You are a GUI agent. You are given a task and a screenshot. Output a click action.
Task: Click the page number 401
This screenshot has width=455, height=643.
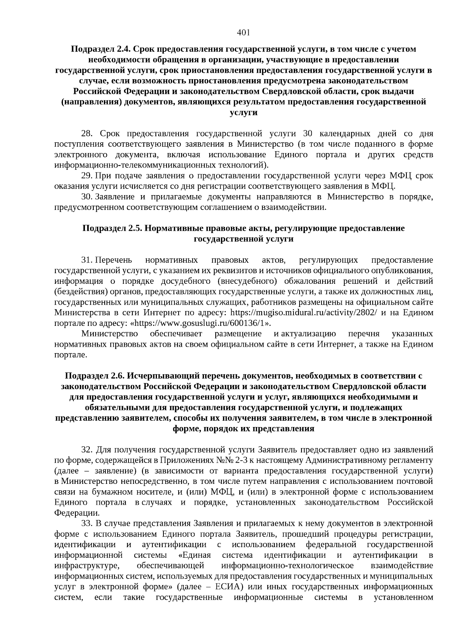pyautogui.click(x=243, y=33)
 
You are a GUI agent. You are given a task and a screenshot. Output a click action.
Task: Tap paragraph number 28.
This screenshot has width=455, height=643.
pyautogui.click(x=87, y=134)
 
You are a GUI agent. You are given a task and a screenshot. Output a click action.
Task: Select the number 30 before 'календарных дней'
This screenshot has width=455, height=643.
pyautogui.click(x=308, y=134)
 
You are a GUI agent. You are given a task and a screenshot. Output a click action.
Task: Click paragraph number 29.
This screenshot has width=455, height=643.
pyautogui.click(x=87, y=176)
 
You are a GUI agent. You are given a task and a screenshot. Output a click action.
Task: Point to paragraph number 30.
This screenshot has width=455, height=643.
pyautogui.click(x=87, y=197)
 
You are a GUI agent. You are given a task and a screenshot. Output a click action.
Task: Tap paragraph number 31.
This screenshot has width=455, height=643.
pyautogui.click(x=87, y=260)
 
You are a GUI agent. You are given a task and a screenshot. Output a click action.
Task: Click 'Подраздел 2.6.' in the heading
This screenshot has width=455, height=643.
pyautogui.click(x=95, y=376)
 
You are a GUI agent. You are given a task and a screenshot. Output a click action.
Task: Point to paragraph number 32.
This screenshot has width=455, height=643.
pyautogui.click(x=87, y=450)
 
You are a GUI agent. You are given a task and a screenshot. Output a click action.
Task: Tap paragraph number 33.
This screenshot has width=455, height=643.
pyautogui.click(x=87, y=524)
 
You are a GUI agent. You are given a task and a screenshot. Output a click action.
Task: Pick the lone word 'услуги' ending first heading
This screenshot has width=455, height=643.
pyautogui.click(x=243, y=113)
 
